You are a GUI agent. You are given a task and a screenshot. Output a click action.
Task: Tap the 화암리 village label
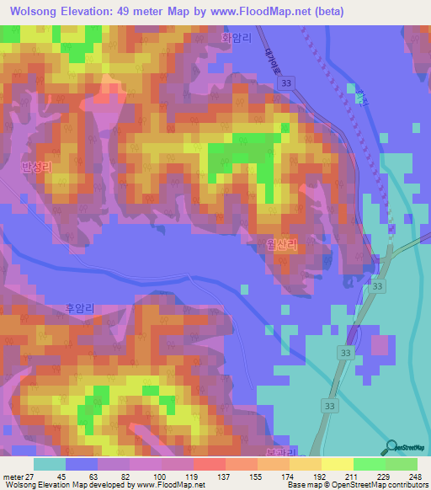[x=236, y=38]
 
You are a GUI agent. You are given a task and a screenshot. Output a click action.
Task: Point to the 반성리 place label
[x=36, y=168]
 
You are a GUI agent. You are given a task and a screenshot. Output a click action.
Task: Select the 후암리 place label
[x=82, y=309]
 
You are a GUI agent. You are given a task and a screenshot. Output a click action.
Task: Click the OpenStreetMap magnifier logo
[x=392, y=446]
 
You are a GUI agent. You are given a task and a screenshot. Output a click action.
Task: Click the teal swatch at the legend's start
[x=50, y=465]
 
